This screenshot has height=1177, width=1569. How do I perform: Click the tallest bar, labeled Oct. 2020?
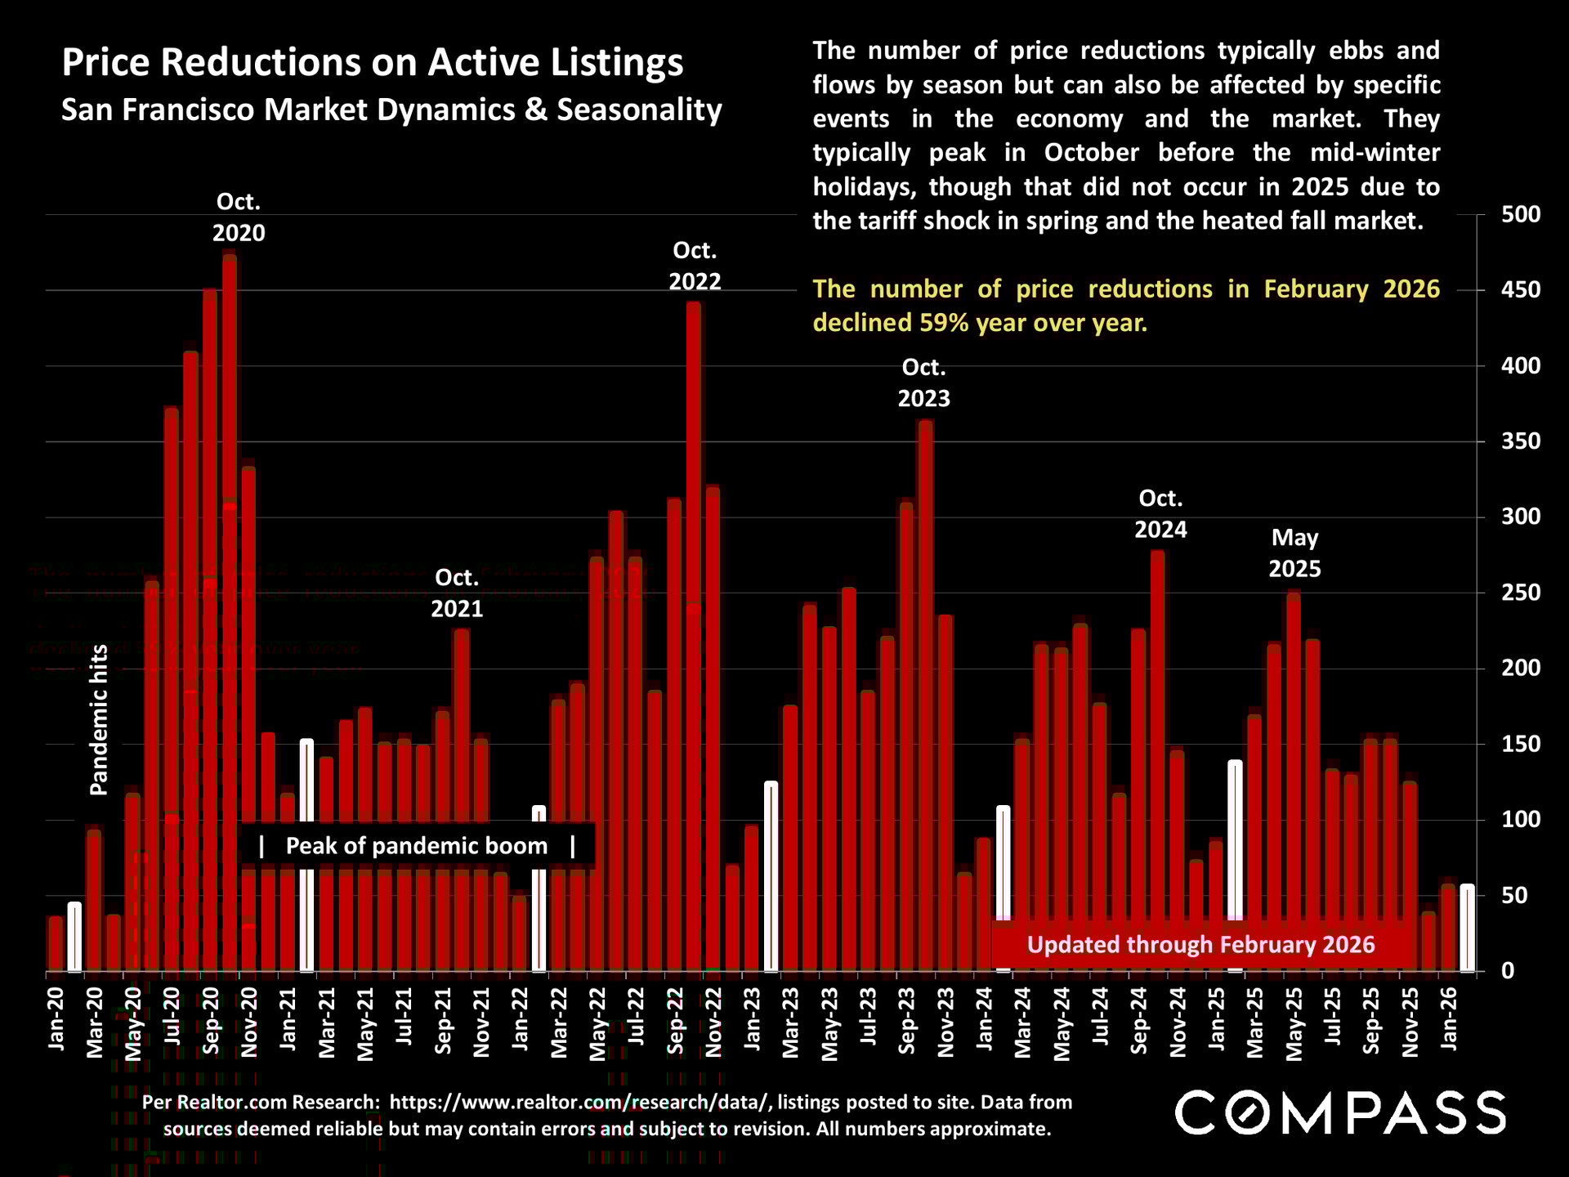pyautogui.click(x=230, y=613)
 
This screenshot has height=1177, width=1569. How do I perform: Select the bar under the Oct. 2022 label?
pyautogui.click(x=694, y=638)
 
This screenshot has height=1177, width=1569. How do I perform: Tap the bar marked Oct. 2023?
pyautogui.click(x=925, y=695)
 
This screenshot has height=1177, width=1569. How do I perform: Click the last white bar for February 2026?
pyautogui.click(x=1468, y=928)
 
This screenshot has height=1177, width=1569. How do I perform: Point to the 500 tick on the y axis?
pyautogui.click(x=1520, y=215)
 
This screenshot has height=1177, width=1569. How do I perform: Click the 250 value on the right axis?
pyautogui.click(x=1520, y=593)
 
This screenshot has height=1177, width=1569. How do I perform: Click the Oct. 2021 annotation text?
pyautogui.click(x=457, y=593)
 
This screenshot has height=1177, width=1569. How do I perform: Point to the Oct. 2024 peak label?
pyautogui.click(x=1160, y=514)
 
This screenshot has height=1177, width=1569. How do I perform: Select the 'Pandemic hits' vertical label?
pyautogui.click(x=99, y=719)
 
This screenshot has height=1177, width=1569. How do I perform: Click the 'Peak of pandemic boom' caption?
pyautogui.click(x=417, y=846)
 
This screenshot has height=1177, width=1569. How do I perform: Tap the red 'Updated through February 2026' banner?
pyautogui.click(x=1200, y=945)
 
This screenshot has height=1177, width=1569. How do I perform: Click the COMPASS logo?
pyautogui.click(x=1340, y=1112)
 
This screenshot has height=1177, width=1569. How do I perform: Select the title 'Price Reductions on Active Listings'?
pyautogui.click(x=373, y=63)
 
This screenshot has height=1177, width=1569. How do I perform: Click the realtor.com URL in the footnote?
pyautogui.click(x=579, y=1102)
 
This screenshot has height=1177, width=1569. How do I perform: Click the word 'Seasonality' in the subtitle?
pyautogui.click(x=639, y=110)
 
